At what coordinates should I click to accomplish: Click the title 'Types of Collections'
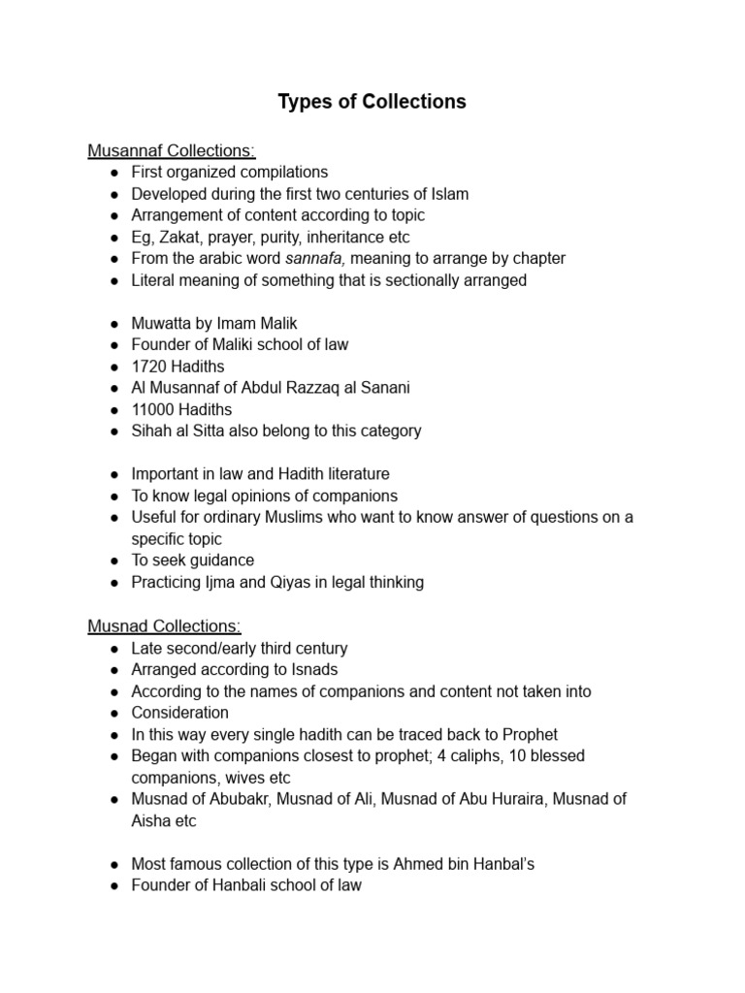coord(372,102)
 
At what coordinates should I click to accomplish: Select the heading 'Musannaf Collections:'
coord(172,150)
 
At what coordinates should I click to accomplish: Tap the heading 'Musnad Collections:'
coord(164,626)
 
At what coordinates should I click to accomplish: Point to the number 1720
coord(150,366)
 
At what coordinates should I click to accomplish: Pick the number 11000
coord(154,409)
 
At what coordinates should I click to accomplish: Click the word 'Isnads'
coord(313,669)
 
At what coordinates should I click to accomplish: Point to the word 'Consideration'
coord(180,713)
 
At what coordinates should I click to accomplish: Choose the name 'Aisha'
coord(152,820)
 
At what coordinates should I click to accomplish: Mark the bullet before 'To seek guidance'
coord(113,561)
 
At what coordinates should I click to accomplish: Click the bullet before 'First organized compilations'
coord(113,173)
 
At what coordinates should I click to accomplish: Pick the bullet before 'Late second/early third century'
coord(113,648)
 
